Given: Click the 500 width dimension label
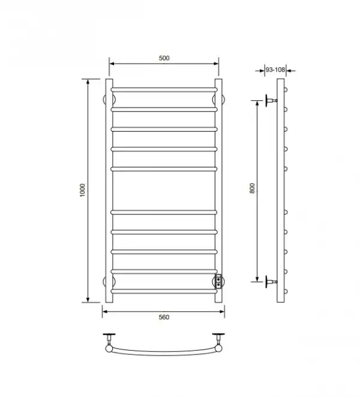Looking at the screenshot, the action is coord(164,58).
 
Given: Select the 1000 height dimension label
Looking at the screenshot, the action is coord(82,190).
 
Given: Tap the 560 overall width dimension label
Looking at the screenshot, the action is coord(164,317).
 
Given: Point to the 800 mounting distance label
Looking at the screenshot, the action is coord(252,188).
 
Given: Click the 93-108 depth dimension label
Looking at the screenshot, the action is coord(275,70).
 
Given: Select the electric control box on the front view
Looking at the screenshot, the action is coord(218,282).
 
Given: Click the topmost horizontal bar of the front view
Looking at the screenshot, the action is coord(164,89).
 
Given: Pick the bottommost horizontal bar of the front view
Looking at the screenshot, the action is coord(164,291).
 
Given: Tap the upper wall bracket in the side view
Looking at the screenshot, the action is coord(271,100).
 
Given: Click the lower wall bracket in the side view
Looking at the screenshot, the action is coord(271,282).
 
